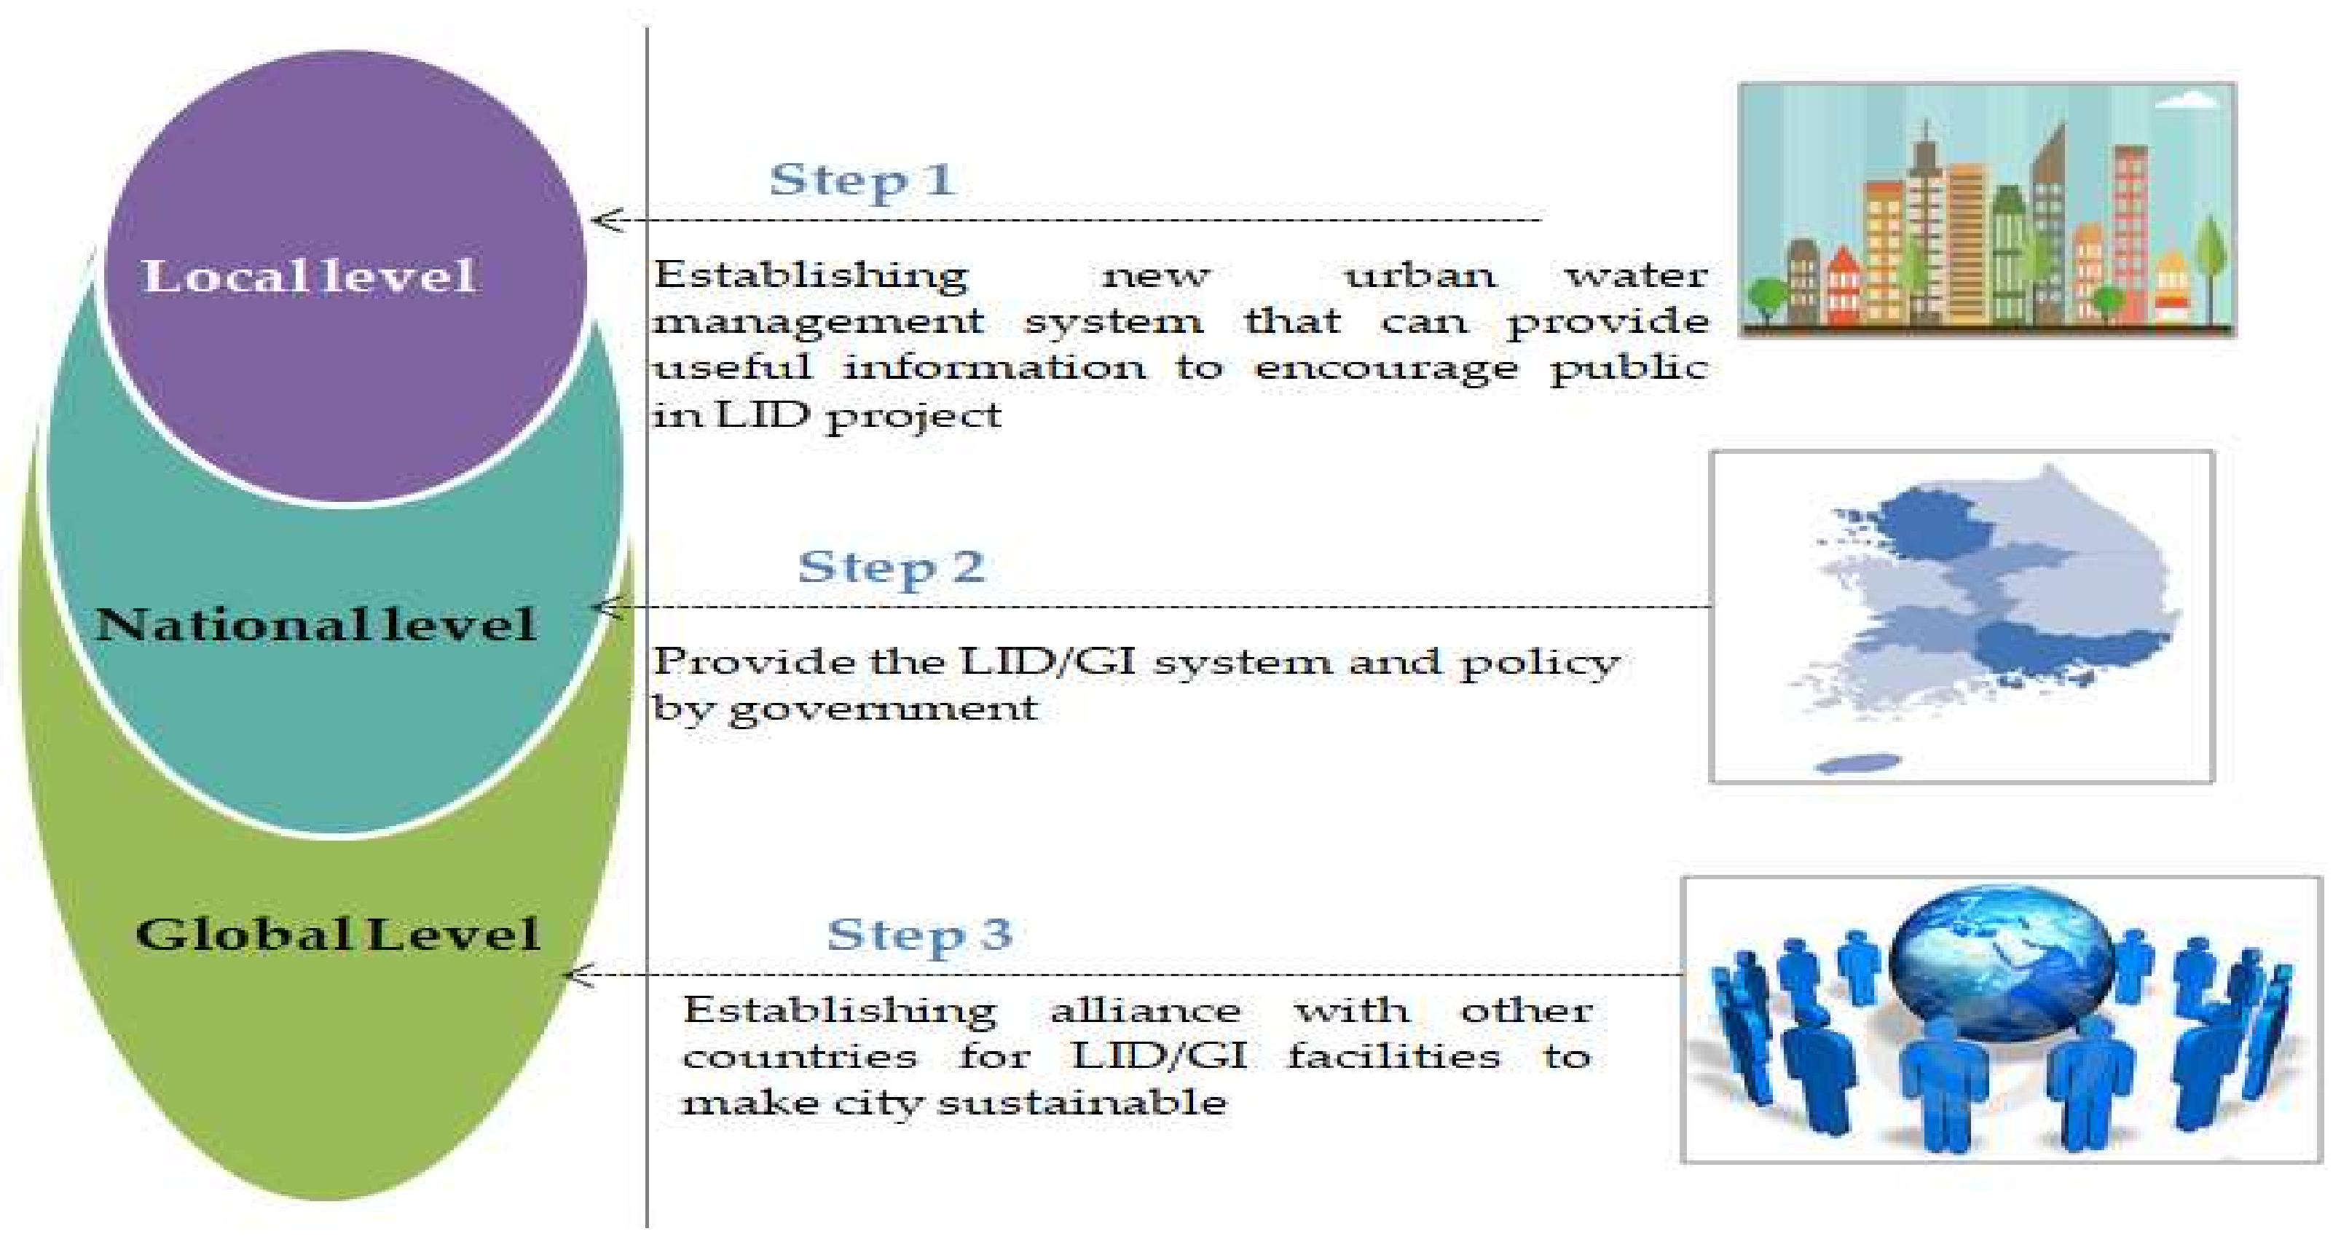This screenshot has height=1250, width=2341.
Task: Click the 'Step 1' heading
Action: pyautogui.click(x=862, y=180)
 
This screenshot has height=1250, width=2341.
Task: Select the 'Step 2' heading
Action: pyautogui.click(x=892, y=567)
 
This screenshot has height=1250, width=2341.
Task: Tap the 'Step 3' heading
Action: pyautogui.click(x=920, y=935)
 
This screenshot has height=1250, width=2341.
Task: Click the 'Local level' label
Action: pyautogui.click(x=309, y=276)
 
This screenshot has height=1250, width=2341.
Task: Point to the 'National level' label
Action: pyautogui.click(x=315, y=624)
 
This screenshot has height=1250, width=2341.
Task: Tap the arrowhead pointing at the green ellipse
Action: pyautogui.click(x=578, y=975)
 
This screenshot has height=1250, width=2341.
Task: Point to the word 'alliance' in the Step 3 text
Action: pyautogui.click(x=1145, y=1011)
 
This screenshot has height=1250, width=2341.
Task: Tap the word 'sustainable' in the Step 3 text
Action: pyautogui.click(x=1082, y=1104)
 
